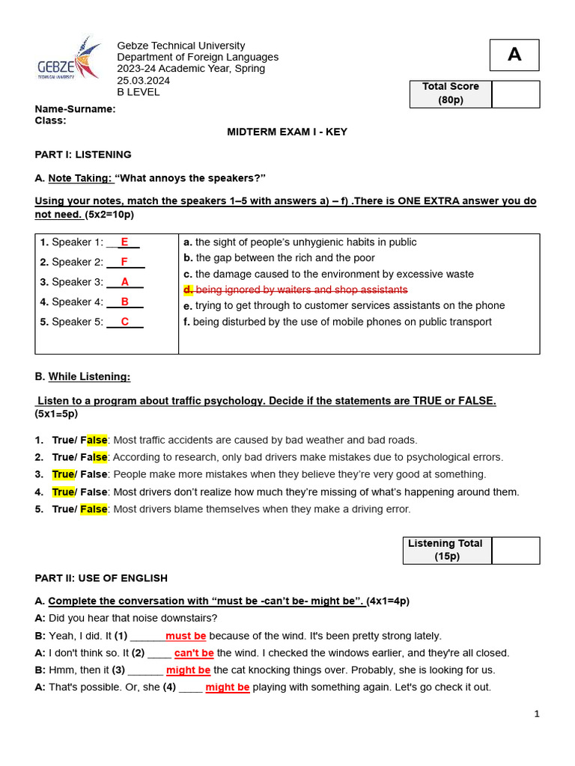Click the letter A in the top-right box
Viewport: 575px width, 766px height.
click(514, 55)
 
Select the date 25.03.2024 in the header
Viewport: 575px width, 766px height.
click(143, 81)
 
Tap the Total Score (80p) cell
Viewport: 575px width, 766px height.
click(450, 94)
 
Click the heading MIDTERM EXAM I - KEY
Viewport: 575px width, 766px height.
click(287, 132)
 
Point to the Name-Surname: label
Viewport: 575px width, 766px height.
click(75, 109)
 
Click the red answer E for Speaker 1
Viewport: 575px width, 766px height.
click(125, 242)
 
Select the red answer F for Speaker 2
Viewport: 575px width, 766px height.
click(124, 262)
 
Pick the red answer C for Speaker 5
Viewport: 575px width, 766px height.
click(125, 322)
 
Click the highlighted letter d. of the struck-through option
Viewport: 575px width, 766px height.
click(188, 289)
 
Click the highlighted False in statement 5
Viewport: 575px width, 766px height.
click(94, 509)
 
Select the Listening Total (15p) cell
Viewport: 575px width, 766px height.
click(446, 550)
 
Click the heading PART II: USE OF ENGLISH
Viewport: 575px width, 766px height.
click(101, 578)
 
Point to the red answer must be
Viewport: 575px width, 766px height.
click(186, 636)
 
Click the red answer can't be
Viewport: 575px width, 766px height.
click(194, 653)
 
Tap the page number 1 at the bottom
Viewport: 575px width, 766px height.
click(536, 714)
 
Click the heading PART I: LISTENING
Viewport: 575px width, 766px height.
click(83, 155)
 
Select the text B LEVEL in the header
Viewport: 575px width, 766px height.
click(139, 92)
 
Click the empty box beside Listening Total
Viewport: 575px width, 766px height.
click(515, 550)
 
